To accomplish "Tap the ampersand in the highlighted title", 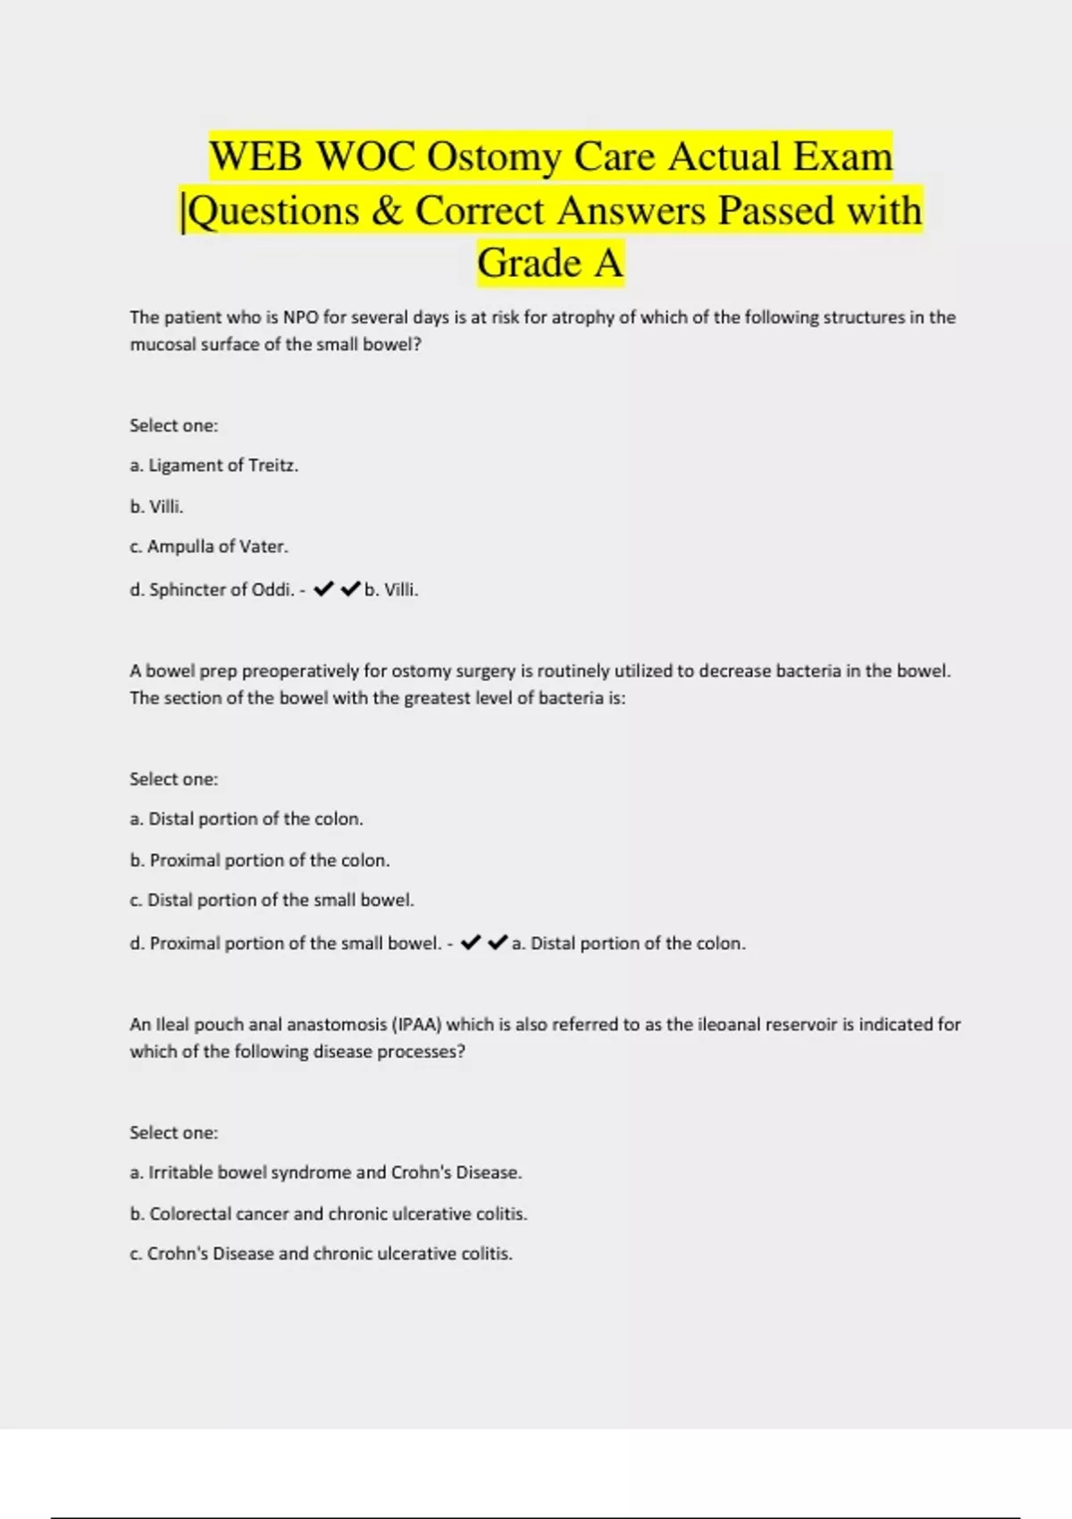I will click(x=387, y=212).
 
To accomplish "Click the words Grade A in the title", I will click(x=549, y=264).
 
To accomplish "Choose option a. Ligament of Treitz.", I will click(x=214, y=466).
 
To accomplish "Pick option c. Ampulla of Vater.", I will click(x=209, y=547).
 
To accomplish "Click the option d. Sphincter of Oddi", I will click(x=213, y=590).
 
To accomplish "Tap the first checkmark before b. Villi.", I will click(x=323, y=589).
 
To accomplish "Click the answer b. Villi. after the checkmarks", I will click(x=391, y=590).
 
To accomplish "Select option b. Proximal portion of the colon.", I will click(x=260, y=860).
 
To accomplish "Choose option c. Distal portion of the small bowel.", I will click(x=272, y=901).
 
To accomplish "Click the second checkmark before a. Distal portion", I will click(x=498, y=943).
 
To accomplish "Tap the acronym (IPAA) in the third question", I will click(x=416, y=1025).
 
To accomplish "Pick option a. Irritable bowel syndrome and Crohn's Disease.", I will click(x=326, y=1172).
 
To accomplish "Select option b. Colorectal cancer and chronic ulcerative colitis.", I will click(x=329, y=1214).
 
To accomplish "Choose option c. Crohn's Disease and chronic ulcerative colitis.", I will click(x=322, y=1254).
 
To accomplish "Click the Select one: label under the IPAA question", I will click(x=173, y=1133).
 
